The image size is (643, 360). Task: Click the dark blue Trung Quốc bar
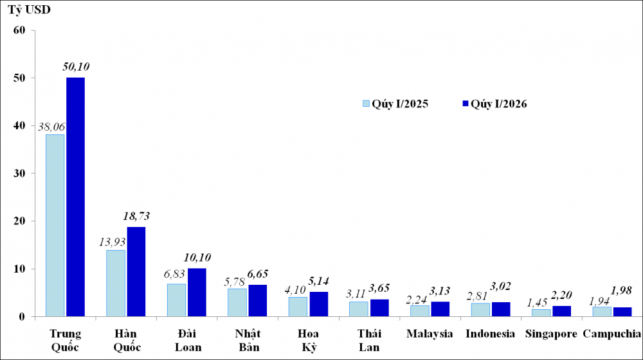click(x=75, y=197)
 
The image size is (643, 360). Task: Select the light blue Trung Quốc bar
click(x=55, y=225)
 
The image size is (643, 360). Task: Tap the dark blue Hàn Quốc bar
click(x=136, y=271)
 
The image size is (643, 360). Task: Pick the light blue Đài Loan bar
click(x=176, y=300)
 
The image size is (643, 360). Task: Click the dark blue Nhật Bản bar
click(x=257, y=301)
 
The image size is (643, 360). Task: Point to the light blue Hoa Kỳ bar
click(x=298, y=307)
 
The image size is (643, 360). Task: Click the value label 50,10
click(x=77, y=66)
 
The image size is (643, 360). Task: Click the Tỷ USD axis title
click(x=28, y=11)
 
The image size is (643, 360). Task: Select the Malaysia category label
click(x=430, y=334)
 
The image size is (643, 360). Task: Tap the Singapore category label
click(x=551, y=334)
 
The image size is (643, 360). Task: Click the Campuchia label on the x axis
click(x=611, y=334)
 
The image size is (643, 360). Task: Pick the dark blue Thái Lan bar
click(x=379, y=308)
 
